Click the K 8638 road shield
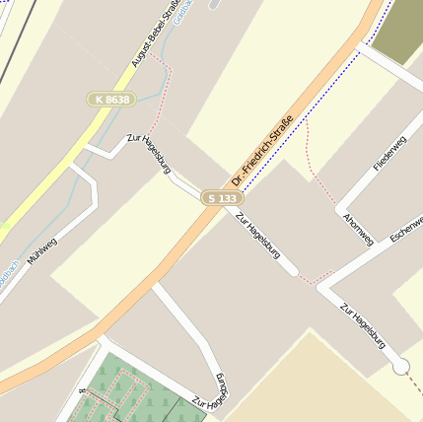(x=109, y=99)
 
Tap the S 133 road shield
(x=223, y=198)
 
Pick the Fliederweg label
(x=388, y=154)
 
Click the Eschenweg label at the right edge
(x=406, y=229)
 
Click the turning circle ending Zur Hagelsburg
(x=400, y=367)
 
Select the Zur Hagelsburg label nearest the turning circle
(x=362, y=325)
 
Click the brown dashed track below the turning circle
(x=410, y=394)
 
